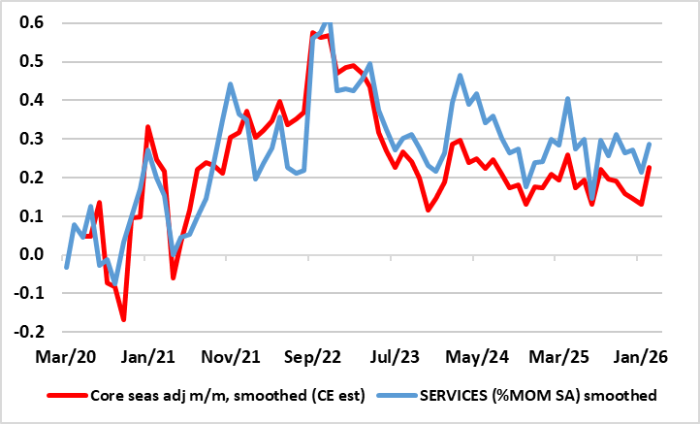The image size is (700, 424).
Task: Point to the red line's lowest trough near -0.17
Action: pos(124,319)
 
